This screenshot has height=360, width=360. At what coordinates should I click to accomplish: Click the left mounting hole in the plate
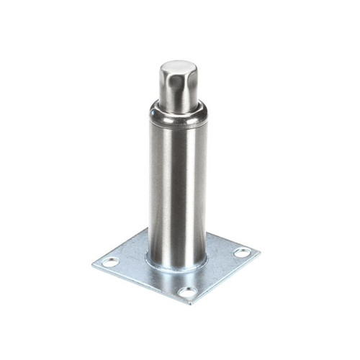(110, 262)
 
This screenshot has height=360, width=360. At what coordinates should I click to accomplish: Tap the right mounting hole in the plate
(243, 253)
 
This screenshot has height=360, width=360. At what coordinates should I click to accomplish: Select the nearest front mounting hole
(187, 292)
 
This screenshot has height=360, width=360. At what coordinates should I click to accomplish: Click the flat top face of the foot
(178, 68)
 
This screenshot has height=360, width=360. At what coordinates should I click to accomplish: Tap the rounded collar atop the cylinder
(177, 114)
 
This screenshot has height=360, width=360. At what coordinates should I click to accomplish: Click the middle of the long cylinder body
(177, 187)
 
